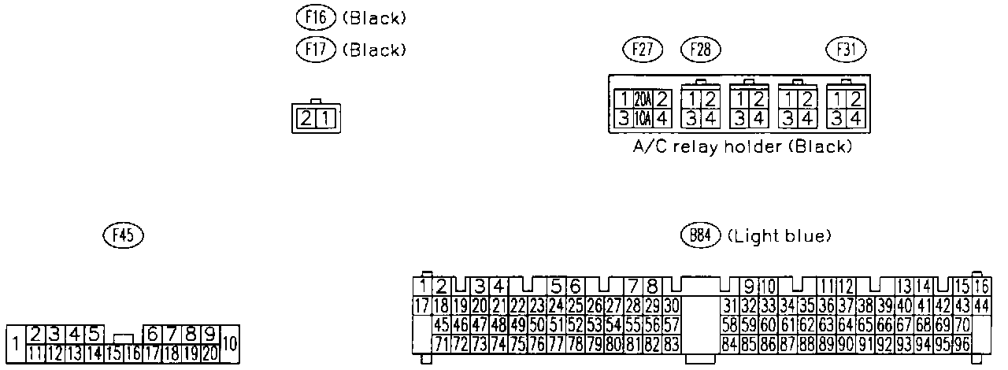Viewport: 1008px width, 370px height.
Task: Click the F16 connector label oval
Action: tap(314, 17)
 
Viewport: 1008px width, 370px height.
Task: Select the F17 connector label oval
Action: tap(314, 49)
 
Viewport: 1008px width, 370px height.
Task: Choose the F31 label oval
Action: tap(846, 50)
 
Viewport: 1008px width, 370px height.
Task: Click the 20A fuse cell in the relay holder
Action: tap(642, 100)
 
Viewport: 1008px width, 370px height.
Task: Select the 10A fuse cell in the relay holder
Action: tap(642, 119)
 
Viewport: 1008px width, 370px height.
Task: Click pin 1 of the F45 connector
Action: tap(15, 343)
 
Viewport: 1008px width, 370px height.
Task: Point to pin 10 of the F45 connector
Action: tap(229, 343)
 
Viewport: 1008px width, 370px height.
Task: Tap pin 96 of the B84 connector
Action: tap(962, 343)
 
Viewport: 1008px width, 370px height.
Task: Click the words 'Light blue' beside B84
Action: tap(780, 235)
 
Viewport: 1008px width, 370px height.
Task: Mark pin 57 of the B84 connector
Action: tap(671, 324)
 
